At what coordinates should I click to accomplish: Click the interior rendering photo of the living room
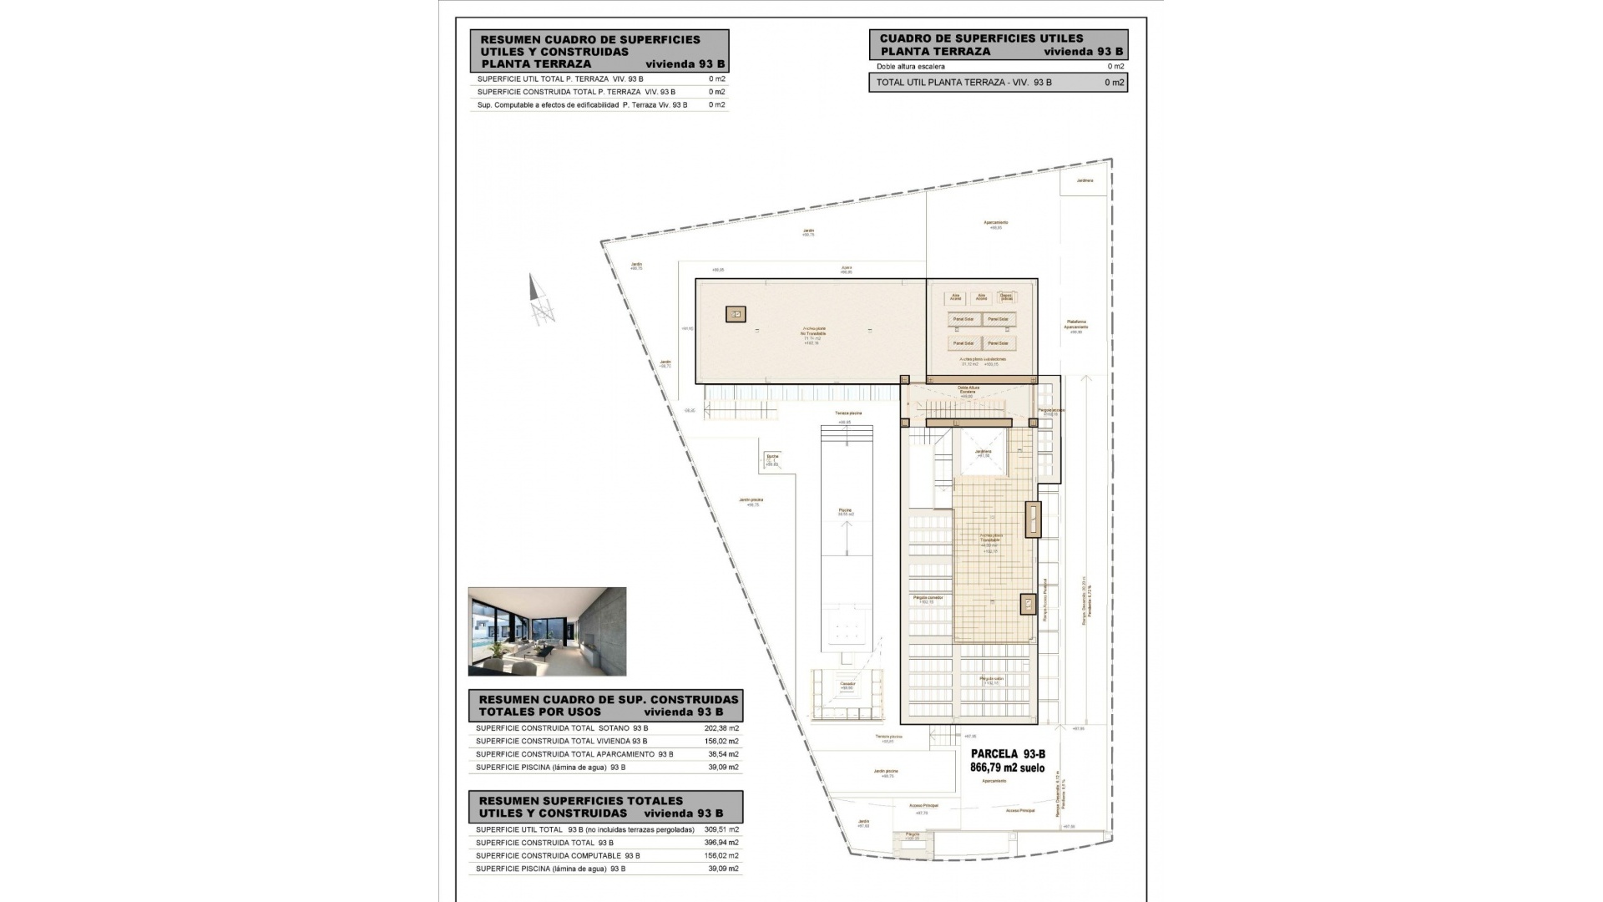(547, 631)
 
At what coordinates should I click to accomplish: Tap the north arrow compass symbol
(540, 302)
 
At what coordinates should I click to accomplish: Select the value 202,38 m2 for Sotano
(721, 728)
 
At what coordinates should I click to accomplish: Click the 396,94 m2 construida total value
(721, 843)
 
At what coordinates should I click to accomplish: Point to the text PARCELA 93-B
(1007, 755)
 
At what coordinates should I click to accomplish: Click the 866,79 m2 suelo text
(1007, 768)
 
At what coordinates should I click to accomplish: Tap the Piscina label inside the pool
(846, 511)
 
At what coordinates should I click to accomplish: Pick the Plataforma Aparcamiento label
(1075, 325)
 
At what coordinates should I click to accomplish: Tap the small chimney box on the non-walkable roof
(736, 314)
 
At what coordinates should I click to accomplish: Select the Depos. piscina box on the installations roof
(1007, 296)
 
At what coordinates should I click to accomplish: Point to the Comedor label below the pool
(847, 685)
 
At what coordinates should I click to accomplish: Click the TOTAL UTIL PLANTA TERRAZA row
(998, 83)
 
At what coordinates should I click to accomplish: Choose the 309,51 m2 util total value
(721, 829)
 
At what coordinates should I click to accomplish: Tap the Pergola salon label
(992, 680)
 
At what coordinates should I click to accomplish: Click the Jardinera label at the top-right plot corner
(1084, 180)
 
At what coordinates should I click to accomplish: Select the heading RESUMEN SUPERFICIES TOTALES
(580, 800)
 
